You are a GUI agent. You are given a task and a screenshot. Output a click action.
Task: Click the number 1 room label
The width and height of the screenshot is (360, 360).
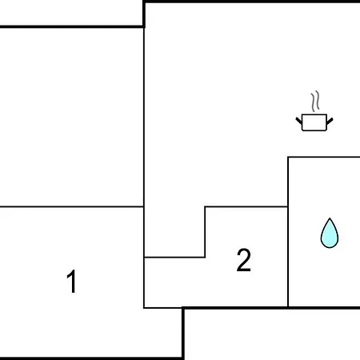coord(72,282)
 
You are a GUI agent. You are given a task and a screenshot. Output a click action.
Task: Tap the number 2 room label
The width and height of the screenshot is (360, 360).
coord(244,260)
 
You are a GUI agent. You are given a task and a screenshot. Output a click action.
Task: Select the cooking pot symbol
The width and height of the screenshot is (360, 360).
coord(314,122)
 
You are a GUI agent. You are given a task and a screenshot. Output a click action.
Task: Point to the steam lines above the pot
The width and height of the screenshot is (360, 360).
coord(315,102)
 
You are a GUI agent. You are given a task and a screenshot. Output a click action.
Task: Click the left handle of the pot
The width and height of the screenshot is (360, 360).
coord(299,121)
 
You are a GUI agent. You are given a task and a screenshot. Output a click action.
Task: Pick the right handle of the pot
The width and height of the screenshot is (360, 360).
coord(330,121)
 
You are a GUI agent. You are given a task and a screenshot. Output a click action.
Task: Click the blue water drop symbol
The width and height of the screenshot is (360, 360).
coord(330,233)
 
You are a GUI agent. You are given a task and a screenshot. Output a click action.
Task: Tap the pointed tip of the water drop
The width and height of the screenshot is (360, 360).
coord(330,218)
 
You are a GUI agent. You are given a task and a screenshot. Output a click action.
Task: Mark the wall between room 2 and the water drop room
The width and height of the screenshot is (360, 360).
coord(288,257)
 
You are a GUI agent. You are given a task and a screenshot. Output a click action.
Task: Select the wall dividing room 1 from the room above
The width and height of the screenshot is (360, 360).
coord(72,206)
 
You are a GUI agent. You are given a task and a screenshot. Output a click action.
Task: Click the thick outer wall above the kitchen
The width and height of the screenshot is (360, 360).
coord(252,2)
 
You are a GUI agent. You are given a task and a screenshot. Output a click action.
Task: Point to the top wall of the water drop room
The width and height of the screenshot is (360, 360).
coord(324,158)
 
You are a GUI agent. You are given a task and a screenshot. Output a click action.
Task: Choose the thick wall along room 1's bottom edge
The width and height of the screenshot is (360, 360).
coord(91,358)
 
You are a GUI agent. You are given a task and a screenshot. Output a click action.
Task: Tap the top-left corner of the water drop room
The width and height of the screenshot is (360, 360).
coord(288,158)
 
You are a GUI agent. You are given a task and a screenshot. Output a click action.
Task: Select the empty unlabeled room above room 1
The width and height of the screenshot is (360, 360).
coord(72,117)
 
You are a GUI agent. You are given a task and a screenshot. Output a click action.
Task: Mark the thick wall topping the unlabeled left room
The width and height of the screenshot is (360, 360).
coord(72,26)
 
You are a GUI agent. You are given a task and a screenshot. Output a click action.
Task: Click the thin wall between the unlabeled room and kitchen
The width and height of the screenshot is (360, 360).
coord(144,117)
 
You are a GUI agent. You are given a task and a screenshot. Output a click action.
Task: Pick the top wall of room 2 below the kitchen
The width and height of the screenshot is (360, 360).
coord(246,206)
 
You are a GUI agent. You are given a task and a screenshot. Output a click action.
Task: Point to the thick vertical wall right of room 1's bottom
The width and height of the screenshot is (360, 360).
coord(183,334)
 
